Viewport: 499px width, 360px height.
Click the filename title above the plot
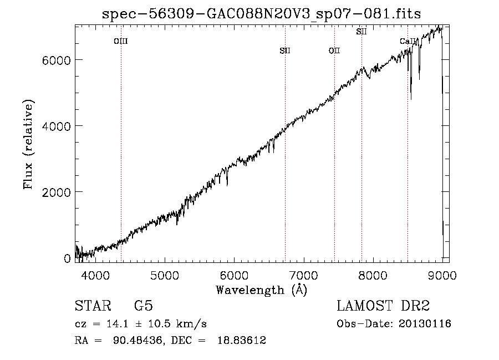tap(261, 14)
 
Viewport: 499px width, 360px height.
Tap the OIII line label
tap(121, 41)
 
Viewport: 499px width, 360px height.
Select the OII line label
tap(334, 50)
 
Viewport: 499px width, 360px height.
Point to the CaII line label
tap(408, 41)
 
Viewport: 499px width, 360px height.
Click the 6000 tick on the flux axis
tap(56, 60)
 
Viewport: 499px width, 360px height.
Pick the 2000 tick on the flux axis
tap(56, 192)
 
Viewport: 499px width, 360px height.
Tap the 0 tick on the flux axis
tap(67, 258)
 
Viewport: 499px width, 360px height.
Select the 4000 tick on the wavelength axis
tap(95, 275)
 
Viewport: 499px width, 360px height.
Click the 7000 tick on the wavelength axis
tap(304, 275)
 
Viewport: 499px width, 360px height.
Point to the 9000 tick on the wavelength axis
tap(442, 275)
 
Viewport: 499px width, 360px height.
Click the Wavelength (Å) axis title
tap(262, 290)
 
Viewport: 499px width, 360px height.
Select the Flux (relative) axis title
tap(28, 145)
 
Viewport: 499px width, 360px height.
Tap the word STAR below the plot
tap(93, 306)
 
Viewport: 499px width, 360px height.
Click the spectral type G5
tap(144, 306)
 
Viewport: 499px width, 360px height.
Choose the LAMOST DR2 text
tap(383, 306)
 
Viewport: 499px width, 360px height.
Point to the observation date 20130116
tap(425, 324)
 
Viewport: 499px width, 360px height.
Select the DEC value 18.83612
tap(242, 340)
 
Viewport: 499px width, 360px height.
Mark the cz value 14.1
tap(118, 324)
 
